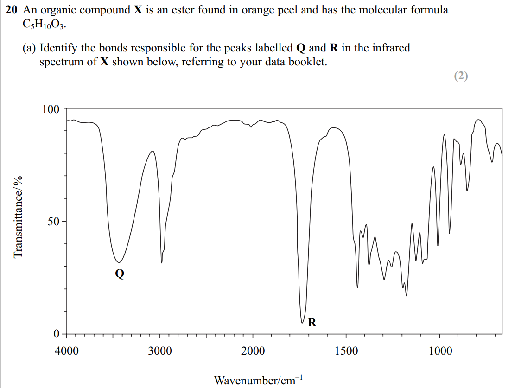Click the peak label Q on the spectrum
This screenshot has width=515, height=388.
coord(120,274)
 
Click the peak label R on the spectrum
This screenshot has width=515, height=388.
coord(312,322)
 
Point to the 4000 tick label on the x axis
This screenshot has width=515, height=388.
coord(67,351)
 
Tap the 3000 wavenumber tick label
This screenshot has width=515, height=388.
coord(160,351)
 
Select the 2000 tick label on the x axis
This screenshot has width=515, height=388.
coord(253,351)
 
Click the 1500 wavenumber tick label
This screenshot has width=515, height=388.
coord(346,351)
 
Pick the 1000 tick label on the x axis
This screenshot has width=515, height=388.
coord(440,351)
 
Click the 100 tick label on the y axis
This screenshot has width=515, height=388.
coord(51,109)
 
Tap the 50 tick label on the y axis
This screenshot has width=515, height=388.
coord(53,222)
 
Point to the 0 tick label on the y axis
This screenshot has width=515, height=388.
coord(56,334)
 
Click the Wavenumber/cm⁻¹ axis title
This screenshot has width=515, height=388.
coord(258,380)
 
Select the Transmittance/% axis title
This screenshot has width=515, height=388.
coord(19,217)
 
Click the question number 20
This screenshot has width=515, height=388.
coord(11,10)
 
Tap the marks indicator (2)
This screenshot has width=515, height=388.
coord(461,76)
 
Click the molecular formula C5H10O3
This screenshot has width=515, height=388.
coord(44,25)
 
